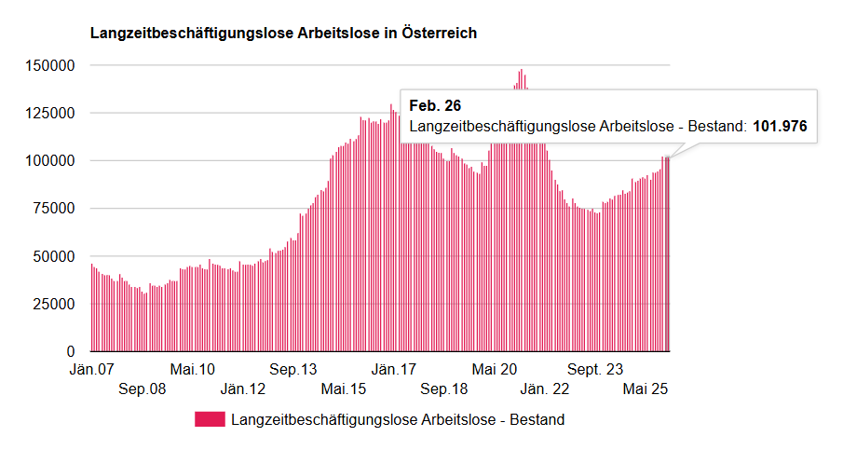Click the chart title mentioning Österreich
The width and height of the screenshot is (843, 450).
pyautogui.click(x=283, y=34)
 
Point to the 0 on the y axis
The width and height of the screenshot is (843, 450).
pyautogui.click(x=69, y=352)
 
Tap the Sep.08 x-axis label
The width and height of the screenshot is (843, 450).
pyautogui.click(x=143, y=389)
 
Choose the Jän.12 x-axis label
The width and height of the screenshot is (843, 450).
pyautogui.click(x=243, y=389)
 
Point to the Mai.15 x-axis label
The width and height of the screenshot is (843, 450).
pyautogui.click(x=344, y=389)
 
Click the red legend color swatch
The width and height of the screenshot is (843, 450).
pyautogui.click(x=210, y=419)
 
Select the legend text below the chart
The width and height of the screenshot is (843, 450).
pyautogui.click(x=398, y=419)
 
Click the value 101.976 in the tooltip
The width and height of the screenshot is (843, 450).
pyautogui.click(x=780, y=126)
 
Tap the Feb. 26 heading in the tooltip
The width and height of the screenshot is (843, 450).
pyautogui.click(x=435, y=106)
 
